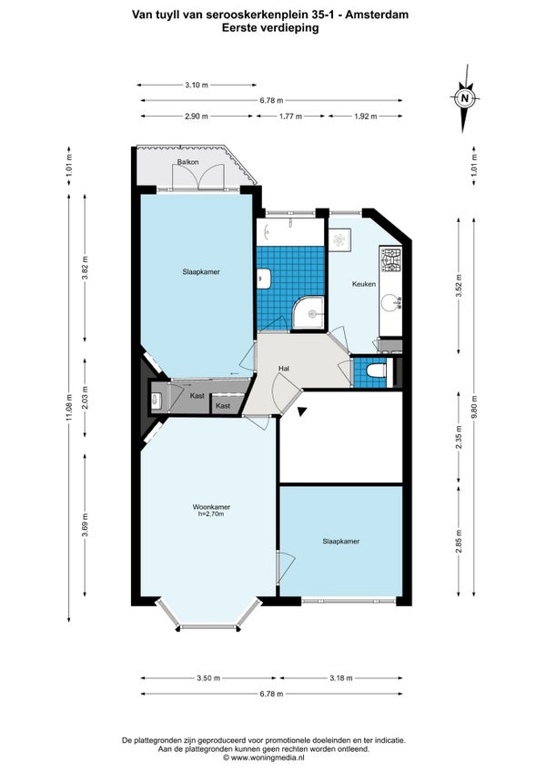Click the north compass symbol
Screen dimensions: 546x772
[464, 98]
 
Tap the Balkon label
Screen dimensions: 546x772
[188, 162]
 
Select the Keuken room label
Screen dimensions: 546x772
[364, 284]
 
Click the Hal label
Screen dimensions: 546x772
[284, 369]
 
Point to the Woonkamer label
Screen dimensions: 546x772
[211, 506]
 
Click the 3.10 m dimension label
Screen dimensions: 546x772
[197, 85]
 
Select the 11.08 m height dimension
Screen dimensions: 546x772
[69, 408]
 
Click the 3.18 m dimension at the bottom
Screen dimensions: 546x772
[340, 678]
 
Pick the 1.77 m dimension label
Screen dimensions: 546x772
[290, 117]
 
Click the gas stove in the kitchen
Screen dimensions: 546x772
[390, 260]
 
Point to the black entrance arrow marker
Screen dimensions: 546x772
[302, 412]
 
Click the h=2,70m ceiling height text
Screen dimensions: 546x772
[211, 514]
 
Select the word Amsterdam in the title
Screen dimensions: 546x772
[376, 15]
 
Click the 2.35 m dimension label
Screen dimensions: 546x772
[459, 437]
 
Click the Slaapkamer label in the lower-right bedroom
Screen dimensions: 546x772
[340, 541]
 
